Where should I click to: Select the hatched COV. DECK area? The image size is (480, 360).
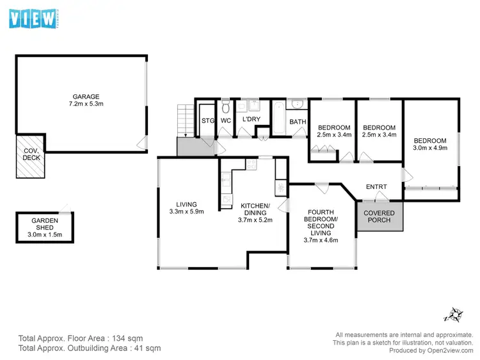point(29,156)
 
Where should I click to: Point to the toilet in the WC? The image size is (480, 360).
point(225,107)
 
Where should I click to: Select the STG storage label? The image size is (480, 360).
point(207,120)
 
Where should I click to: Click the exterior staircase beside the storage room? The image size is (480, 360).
point(186,121)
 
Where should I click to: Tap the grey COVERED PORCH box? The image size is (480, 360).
point(380,217)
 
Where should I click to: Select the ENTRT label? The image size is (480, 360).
point(376,187)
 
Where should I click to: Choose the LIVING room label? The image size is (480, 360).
point(186,205)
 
